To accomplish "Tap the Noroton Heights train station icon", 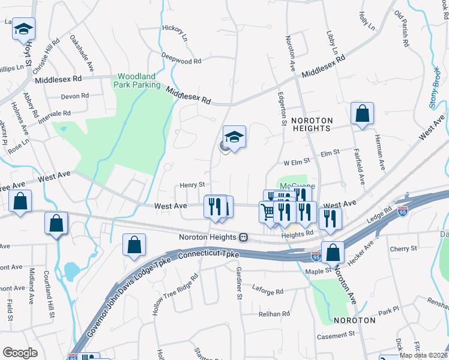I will tap(244, 237).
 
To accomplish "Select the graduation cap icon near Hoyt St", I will tap(24, 29).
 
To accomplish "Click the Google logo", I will tap(20, 353).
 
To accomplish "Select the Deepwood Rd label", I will tap(181, 61).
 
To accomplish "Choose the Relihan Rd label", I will tap(274, 314).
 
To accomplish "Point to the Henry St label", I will tap(193, 185).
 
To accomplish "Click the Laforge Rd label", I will tap(268, 291).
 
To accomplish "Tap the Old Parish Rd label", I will tap(402, 29).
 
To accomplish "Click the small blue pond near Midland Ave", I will tap(71, 271).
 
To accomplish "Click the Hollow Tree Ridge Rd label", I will tap(174, 296).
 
